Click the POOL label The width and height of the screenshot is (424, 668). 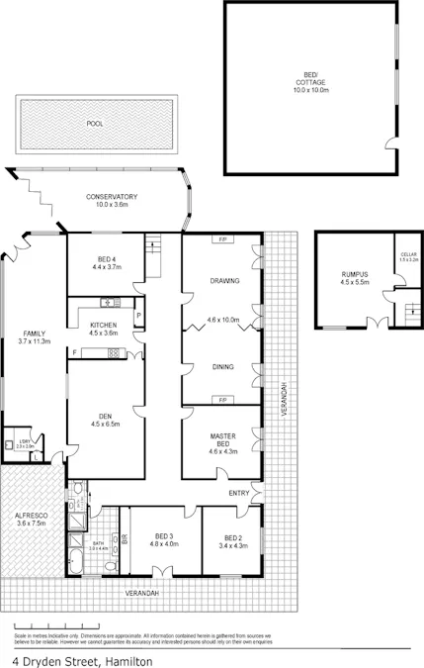95,125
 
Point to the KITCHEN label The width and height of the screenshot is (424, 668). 104,326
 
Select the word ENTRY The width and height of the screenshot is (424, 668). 239,492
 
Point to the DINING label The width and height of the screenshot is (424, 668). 222,367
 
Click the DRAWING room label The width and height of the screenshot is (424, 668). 224,281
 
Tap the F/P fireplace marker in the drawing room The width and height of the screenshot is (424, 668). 223,240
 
